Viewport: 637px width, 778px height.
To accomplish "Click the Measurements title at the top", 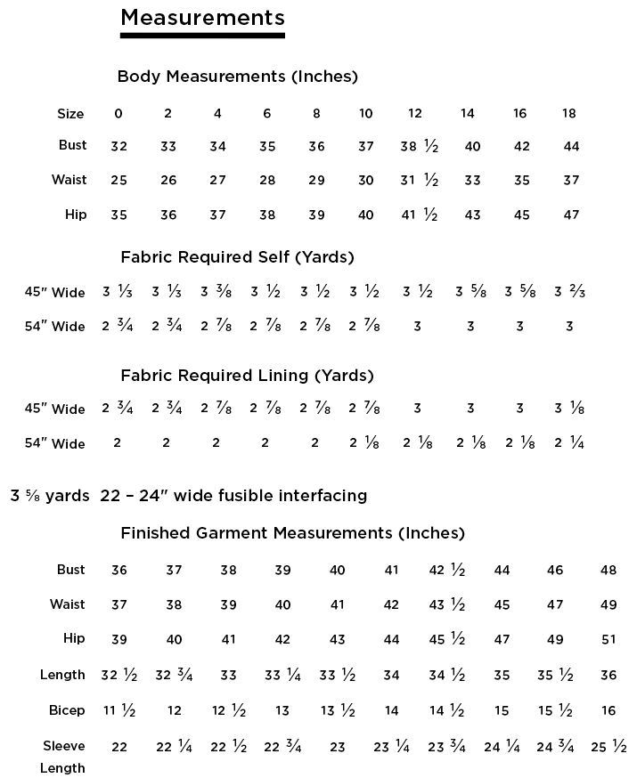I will click(x=202, y=17).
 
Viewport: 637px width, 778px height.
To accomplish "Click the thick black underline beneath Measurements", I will click(x=202, y=36).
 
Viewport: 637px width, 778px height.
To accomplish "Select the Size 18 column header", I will click(x=569, y=113).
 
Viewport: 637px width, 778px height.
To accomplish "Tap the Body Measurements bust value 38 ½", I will click(x=420, y=147).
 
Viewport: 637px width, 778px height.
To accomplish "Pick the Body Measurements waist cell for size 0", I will click(x=118, y=181).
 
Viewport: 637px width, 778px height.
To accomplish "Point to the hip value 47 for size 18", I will click(x=571, y=215).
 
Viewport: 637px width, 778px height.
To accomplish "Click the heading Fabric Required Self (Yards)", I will click(x=237, y=257).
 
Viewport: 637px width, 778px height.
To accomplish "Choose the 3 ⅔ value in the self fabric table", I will click(x=569, y=292).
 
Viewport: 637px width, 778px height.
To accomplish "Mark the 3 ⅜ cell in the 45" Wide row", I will click(x=217, y=292).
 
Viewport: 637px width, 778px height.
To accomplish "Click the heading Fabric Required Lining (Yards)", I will click(x=247, y=375).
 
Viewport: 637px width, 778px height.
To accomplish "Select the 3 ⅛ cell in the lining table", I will click(x=569, y=409).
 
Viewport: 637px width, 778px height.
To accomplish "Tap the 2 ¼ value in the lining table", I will click(x=569, y=443).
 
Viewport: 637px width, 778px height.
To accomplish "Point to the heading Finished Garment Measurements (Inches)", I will click(x=292, y=533).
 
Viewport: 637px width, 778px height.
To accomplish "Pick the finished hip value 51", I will click(x=608, y=639).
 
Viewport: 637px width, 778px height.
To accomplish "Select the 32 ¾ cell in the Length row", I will click(x=174, y=675).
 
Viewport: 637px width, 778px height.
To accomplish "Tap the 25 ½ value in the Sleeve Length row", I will click(x=608, y=747).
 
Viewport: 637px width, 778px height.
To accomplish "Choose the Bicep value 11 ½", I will click(x=119, y=710).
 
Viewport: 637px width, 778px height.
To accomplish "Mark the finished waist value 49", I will click(x=608, y=604).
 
